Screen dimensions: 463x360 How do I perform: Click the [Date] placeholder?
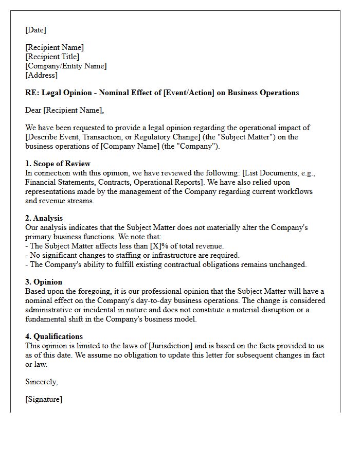tap(35, 30)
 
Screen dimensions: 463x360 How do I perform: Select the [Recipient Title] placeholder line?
tap(52, 57)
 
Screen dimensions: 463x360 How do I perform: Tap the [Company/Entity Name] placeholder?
tap(66, 66)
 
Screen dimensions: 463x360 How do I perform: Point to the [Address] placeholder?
tap(41, 75)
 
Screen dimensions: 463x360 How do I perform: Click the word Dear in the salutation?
tap(34, 110)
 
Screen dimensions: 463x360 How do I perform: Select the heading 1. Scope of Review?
tap(58, 164)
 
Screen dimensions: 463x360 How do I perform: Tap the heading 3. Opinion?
tap(44, 282)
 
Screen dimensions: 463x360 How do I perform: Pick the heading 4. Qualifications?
tap(53, 336)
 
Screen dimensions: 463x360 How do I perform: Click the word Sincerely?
tap(41, 382)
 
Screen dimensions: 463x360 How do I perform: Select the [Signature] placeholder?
tap(44, 399)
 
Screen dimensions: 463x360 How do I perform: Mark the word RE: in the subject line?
tap(32, 93)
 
